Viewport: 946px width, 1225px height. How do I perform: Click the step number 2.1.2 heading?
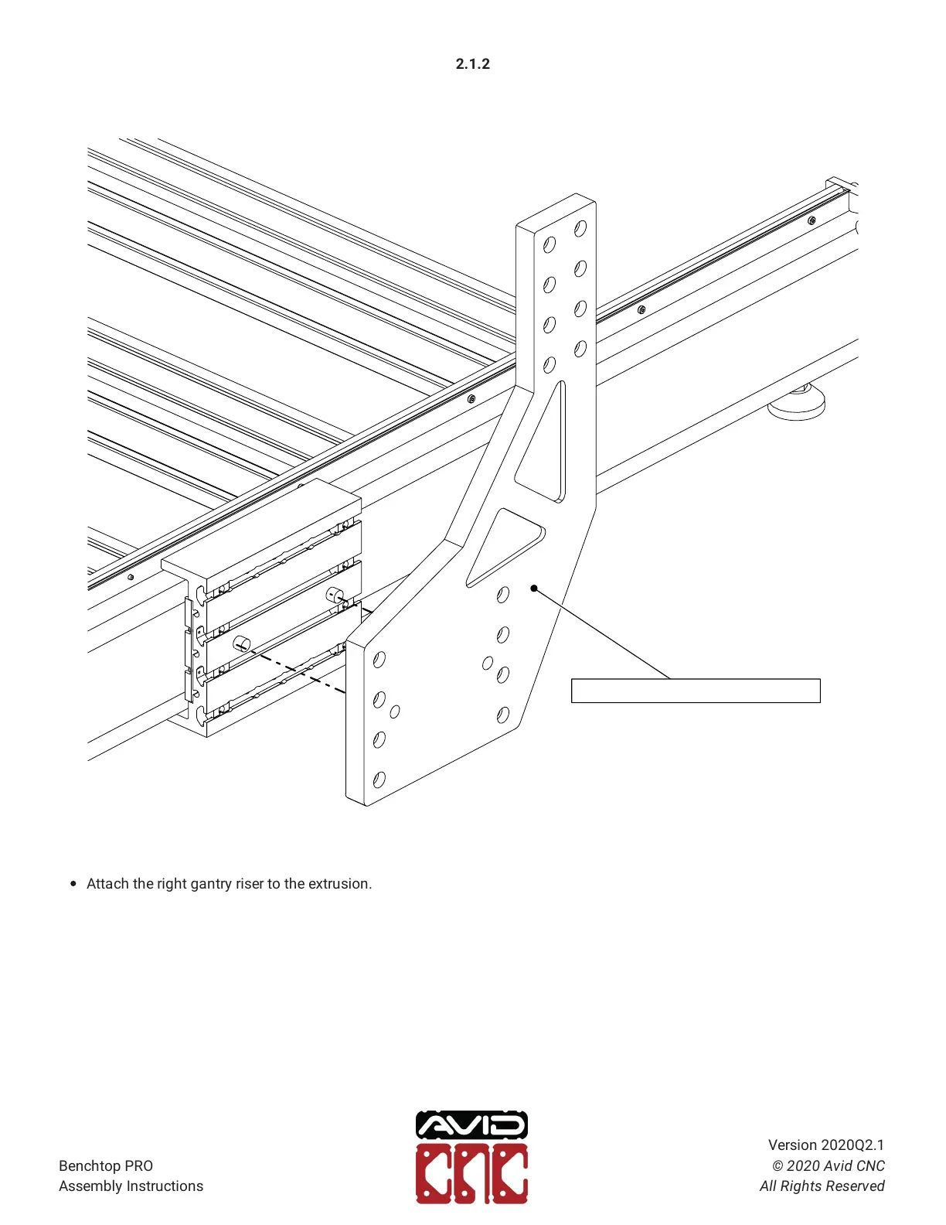point(472,64)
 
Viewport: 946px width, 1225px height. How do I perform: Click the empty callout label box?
point(695,691)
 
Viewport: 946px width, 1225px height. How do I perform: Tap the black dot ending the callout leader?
point(533,589)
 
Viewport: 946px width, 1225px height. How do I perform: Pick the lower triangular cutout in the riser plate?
point(503,545)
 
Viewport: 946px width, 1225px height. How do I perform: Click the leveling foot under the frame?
point(796,403)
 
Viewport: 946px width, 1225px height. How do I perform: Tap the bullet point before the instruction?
point(73,884)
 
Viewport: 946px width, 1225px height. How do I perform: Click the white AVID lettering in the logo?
point(471,1125)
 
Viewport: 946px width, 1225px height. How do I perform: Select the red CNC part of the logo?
point(471,1174)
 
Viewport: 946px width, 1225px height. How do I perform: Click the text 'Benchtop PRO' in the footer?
point(106,1165)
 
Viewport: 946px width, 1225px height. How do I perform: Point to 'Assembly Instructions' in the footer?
point(131,1186)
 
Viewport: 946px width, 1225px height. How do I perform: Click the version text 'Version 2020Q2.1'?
point(825,1145)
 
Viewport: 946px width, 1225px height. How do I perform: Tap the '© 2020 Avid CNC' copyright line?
point(828,1165)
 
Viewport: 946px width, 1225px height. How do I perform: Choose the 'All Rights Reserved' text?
point(822,1186)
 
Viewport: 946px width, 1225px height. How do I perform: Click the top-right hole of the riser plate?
point(580,228)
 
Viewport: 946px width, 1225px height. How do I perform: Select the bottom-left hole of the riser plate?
point(379,780)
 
